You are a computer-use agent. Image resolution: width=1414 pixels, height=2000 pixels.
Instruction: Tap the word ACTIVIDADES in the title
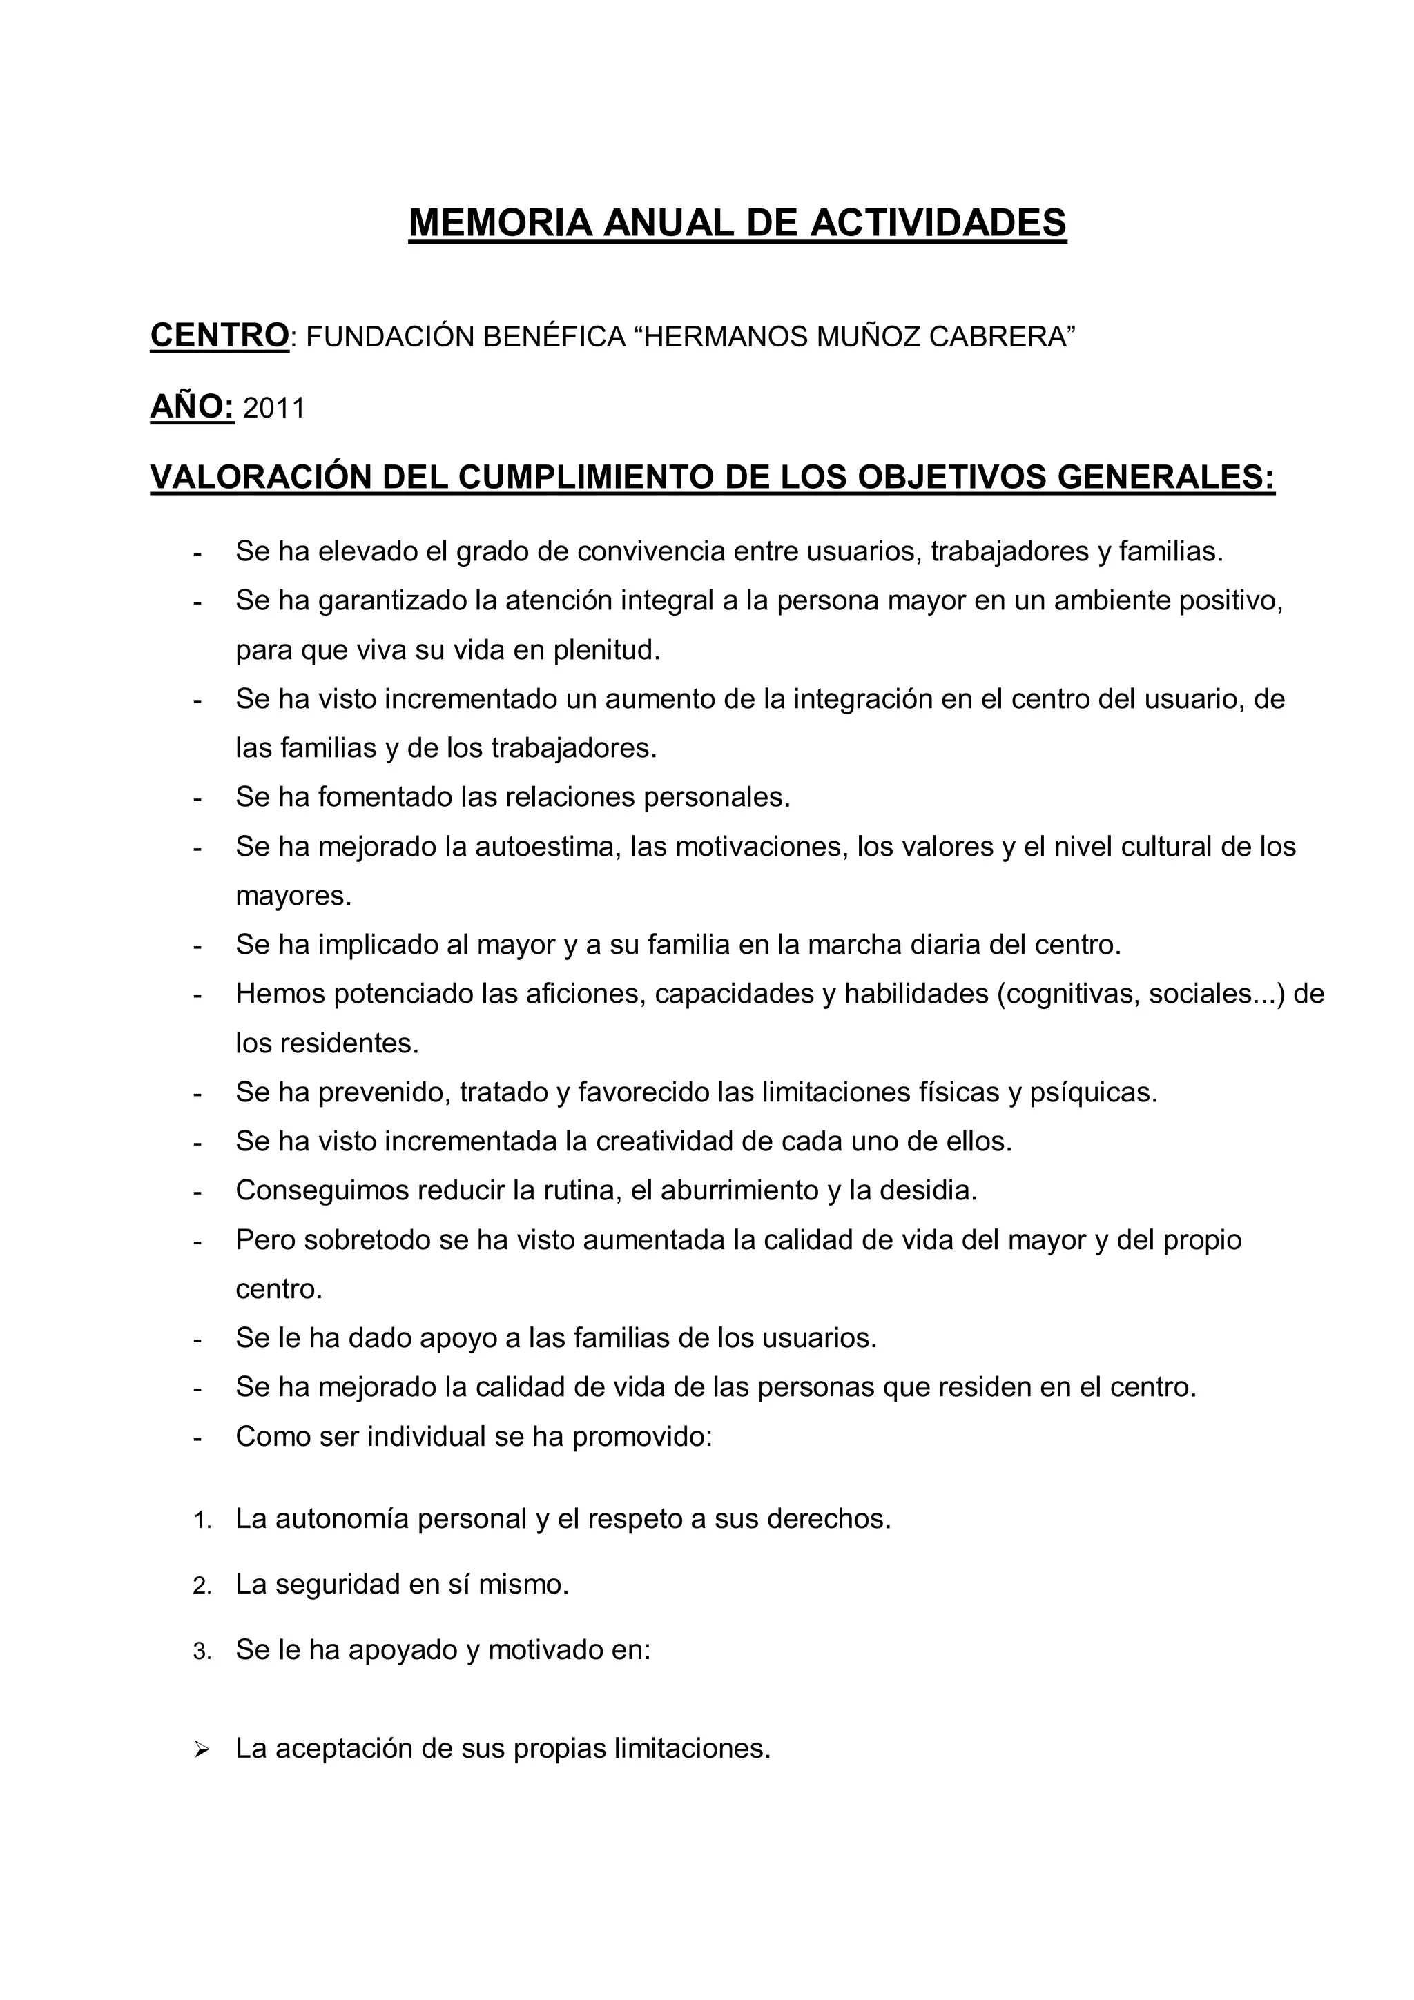pos(938,223)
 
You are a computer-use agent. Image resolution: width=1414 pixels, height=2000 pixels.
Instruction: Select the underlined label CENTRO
pos(220,335)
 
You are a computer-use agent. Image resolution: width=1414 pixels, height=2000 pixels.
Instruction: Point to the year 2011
pos(273,408)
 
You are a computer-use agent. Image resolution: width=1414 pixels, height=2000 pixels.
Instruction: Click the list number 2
pos(201,1586)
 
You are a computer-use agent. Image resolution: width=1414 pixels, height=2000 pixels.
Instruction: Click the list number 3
pos(201,1651)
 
